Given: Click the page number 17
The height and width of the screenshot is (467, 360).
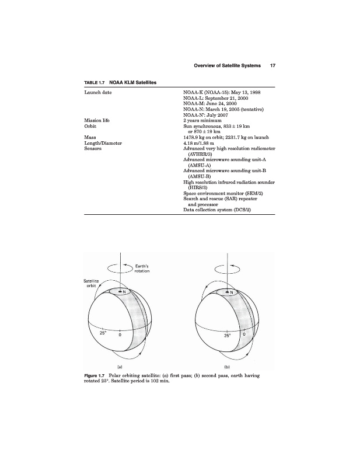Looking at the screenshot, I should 272,66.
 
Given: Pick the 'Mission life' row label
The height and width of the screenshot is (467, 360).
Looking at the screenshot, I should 97,120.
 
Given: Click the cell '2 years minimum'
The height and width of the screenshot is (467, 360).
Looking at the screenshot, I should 204,120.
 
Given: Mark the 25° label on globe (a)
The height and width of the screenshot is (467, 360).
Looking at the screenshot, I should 103,333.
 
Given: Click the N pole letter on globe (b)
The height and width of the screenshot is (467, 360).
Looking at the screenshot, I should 231,292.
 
